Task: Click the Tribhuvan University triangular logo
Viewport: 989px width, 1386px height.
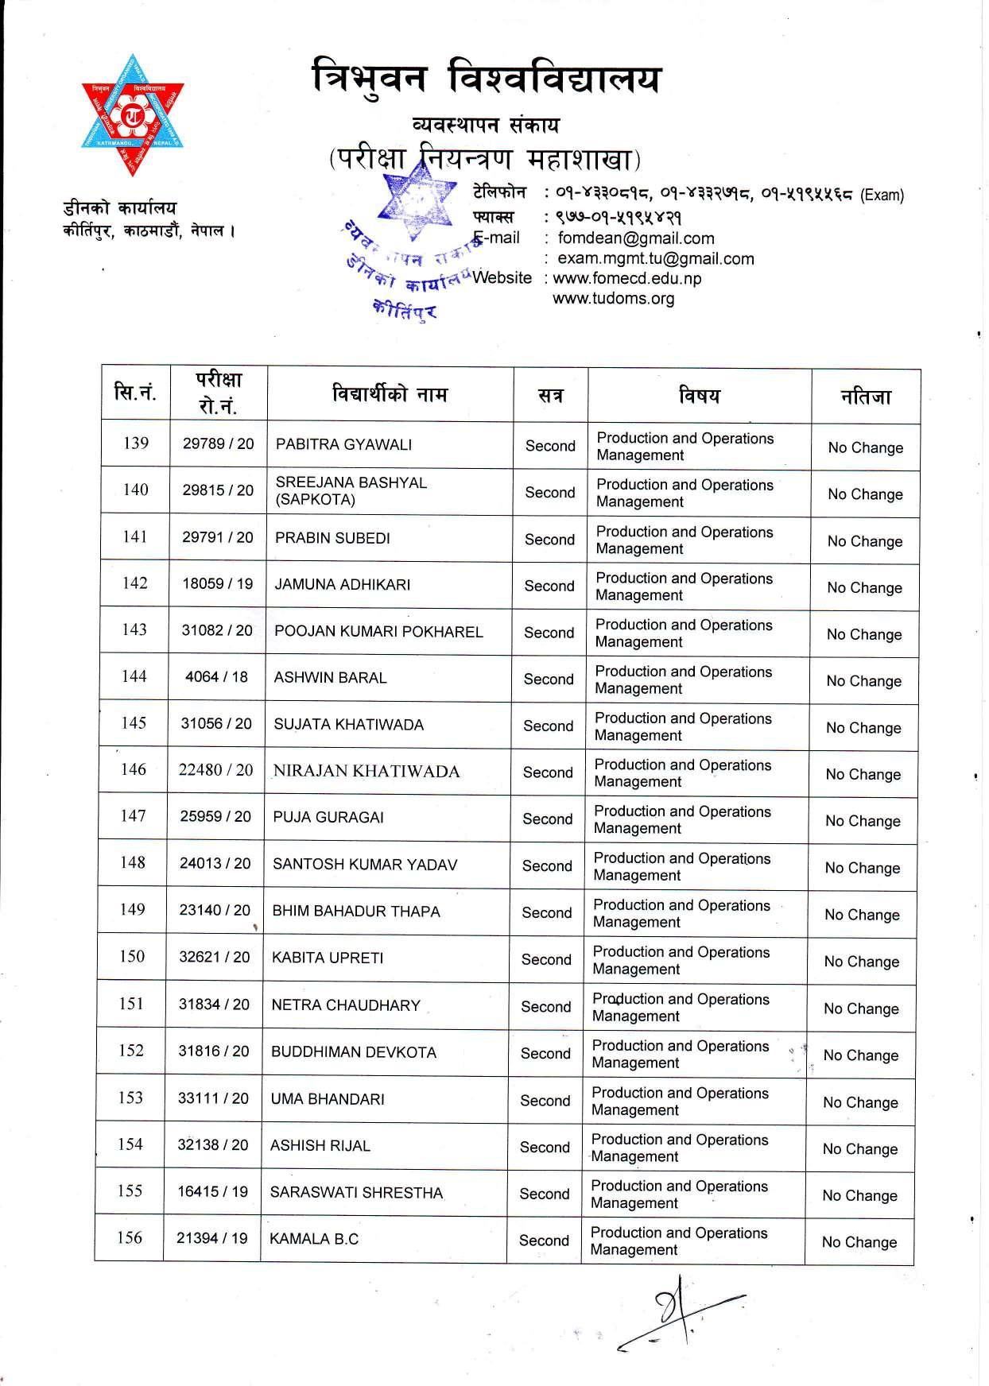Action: [132, 115]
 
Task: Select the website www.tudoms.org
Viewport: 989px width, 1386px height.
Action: [613, 299]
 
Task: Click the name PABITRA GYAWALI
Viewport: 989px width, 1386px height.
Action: [343, 444]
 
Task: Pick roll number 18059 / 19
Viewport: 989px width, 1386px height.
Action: [217, 584]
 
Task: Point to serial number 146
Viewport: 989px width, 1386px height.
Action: [134, 769]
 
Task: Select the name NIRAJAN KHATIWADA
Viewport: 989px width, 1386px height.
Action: [366, 771]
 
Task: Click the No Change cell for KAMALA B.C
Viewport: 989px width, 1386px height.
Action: [859, 1242]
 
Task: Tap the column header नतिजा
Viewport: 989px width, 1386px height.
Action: [866, 396]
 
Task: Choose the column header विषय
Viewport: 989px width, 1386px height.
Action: [700, 395]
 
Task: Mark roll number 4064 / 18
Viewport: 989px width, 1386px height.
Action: [216, 678]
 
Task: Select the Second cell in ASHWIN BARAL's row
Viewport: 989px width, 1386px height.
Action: [549, 679]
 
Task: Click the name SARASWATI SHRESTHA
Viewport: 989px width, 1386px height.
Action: [356, 1193]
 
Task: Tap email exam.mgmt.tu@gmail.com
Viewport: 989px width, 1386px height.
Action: [655, 258]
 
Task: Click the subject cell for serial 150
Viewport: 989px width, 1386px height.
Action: [681, 960]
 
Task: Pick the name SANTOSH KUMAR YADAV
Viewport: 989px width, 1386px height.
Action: [365, 865]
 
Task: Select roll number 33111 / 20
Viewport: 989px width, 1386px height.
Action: [213, 1099]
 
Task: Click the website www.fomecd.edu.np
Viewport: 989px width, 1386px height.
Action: [626, 279]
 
